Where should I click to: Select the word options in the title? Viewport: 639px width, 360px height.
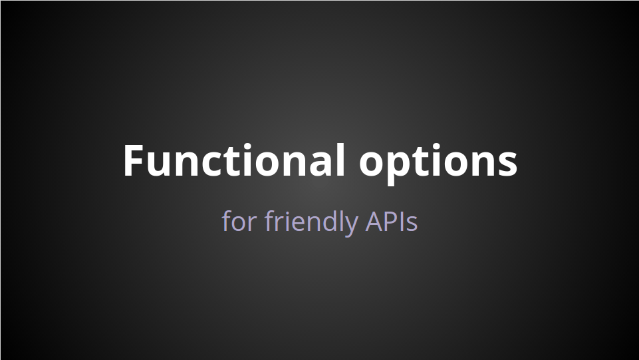(x=438, y=163)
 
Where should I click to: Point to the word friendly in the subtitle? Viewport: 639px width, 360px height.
(x=311, y=222)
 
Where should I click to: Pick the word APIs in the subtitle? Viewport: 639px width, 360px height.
(x=392, y=222)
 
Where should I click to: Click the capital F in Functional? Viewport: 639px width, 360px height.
(x=134, y=160)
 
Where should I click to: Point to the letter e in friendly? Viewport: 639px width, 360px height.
(x=291, y=224)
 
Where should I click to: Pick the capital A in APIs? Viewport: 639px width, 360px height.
(x=374, y=222)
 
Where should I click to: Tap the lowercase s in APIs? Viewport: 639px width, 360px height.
(x=412, y=224)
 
